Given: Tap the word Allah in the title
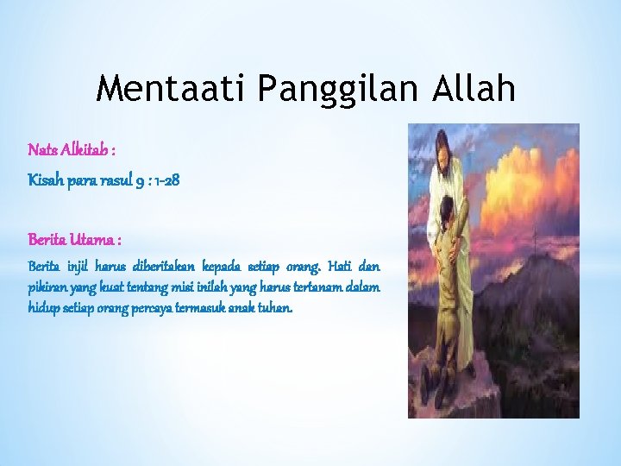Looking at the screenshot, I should click(474, 88).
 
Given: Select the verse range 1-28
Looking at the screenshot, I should click(165, 182).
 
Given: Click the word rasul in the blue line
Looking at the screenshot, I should click(110, 182).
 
